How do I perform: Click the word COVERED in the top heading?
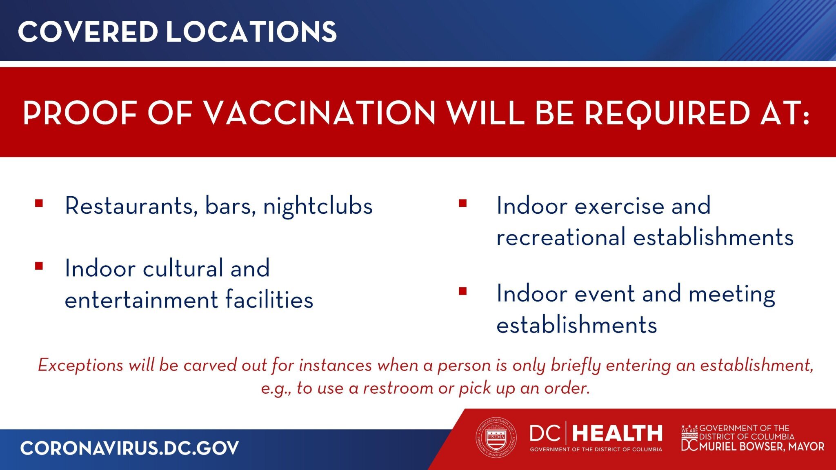pos(88,32)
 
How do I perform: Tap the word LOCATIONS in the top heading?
pos(251,32)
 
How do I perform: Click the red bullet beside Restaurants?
pos(39,203)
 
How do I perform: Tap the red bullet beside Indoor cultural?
pos(39,266)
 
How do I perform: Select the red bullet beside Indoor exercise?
pos(462,203)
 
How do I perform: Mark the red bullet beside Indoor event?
pos(462,291)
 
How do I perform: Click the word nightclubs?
pos(318,206)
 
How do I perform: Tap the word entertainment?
pos(142,300)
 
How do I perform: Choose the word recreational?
pos(561,237)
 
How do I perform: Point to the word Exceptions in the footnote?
pos(80,365)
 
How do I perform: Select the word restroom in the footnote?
pos(398,388)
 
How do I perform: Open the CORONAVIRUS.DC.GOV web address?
pos(129,448)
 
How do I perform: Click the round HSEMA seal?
pos(496,437)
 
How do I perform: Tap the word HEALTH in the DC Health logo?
pos(617,433)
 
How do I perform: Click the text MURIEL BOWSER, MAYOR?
pos(762,447)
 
